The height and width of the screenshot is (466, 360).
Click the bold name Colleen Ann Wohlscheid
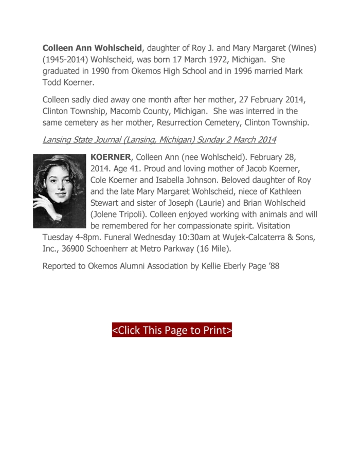click(x=92, y=48)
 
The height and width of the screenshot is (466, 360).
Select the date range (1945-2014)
click(x=65, y=59)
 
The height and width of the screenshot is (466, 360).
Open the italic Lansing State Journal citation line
click(x=159, y=139)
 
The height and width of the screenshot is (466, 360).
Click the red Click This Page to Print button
click(x=172, y=330)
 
